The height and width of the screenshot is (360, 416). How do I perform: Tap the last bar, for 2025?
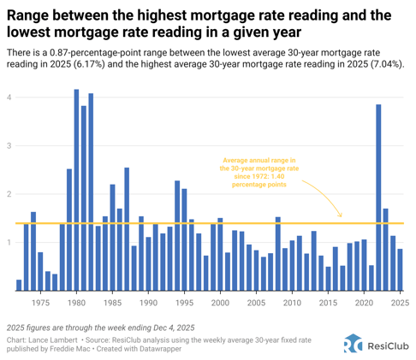400,269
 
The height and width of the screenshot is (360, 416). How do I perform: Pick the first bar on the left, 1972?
19,285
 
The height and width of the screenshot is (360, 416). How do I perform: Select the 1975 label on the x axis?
40,302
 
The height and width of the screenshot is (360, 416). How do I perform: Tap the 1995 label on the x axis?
184,302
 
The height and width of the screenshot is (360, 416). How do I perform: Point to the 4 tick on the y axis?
9,97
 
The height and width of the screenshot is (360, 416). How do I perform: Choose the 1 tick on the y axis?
9,243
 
